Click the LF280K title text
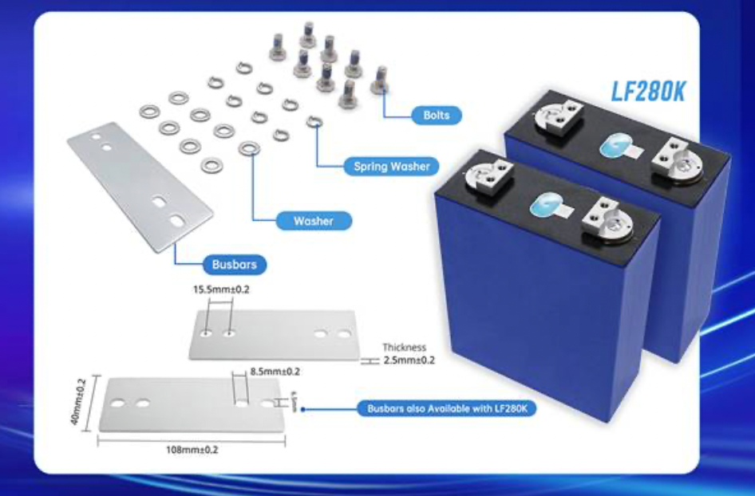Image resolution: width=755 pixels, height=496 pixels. pyautogui.click(x=646, y=89)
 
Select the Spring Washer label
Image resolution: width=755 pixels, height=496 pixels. pyautogui.click(x=391, y=167)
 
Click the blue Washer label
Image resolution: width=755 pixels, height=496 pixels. pyautogui.click(x=313, y=220)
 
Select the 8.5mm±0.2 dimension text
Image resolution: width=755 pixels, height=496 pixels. pyautogui.click(x=275, y=372)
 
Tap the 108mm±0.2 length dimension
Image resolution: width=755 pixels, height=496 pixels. pyautogui.click(x=192, y=449)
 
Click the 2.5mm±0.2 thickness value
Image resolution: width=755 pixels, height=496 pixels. pyautogui.click(x=409, y=360)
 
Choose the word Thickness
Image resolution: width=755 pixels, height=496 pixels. pyautogui.click(x=405, y=348)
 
